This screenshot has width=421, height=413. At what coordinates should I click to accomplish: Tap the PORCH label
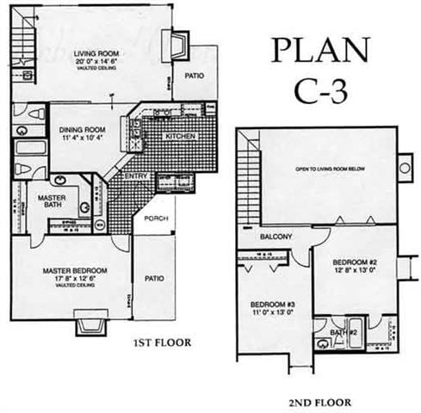(156, 218)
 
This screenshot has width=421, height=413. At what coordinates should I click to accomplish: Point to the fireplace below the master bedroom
(88, 326)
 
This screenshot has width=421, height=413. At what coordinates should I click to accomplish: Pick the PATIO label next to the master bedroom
(153, 278)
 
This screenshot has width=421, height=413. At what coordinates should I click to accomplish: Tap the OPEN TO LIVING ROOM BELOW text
(329, 170)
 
